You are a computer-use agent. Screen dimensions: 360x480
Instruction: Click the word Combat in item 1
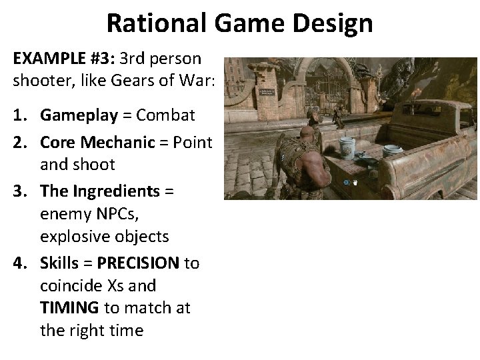point(165,115)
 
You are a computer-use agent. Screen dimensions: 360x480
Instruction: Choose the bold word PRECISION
point(138,263)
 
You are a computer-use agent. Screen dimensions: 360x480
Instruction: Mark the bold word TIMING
point(69,308)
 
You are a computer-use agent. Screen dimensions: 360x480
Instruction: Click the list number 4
point(19,263)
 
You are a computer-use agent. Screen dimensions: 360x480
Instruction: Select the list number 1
point(19,115)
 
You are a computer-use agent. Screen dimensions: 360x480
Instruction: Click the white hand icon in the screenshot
point(355,181)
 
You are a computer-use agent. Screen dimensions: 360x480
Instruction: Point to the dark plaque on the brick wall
point(267,93)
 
